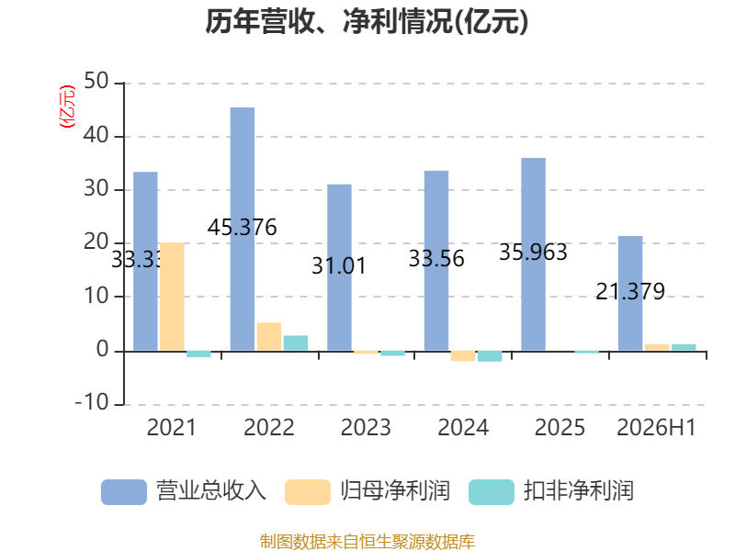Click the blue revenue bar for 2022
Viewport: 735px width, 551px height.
point(243,229)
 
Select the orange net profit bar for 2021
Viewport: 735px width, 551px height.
point(172,297)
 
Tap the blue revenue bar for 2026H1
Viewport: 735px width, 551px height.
point(630,293)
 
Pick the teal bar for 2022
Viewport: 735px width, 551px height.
point(296,343)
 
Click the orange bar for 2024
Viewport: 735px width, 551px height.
point(463,355)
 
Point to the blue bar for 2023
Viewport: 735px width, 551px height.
point(339,267)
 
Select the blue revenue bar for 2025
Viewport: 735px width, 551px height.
point(534,254)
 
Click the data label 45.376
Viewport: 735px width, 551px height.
point(243,227)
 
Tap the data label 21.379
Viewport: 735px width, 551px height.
point(630,291)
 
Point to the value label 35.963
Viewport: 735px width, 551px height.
point(534,252)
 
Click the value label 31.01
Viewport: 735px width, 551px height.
point(339,266)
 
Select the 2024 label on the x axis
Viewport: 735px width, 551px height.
point(463,427)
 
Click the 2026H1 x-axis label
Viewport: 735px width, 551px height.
point(656,427)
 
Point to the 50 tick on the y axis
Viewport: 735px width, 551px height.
point(96,81)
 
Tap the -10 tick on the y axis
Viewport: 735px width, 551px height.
point(93,402)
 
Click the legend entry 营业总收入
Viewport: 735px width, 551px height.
point(184,491)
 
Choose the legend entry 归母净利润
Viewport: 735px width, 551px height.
point(367,491)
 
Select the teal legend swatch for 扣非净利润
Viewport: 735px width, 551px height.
point(492,492)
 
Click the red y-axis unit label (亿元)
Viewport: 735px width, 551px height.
point(66,107)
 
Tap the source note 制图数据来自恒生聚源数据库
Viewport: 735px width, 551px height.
point(367,542)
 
